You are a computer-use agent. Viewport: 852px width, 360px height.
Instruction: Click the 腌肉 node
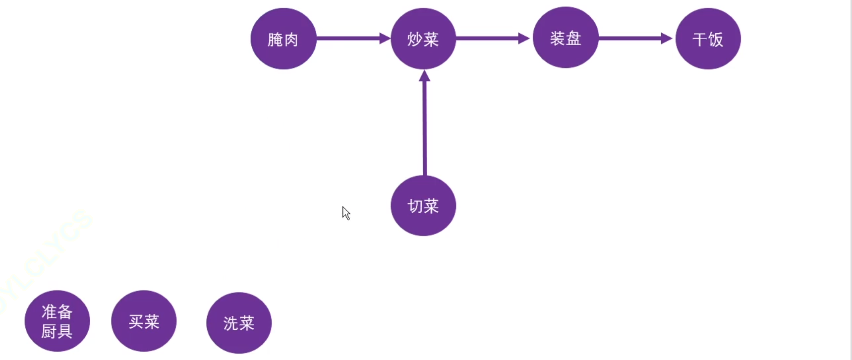[284, 39]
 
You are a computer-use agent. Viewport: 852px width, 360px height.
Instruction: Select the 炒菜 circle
[423, 39]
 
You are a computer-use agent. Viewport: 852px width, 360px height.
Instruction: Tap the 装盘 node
[566, 38]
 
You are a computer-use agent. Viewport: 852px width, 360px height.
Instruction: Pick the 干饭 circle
[708, 39]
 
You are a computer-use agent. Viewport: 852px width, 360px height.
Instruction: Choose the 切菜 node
[423, 205]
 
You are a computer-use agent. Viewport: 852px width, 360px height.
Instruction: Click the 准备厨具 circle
[57, 321]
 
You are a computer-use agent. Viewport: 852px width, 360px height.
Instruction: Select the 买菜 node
[144, 321]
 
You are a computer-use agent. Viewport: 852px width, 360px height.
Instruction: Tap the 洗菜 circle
[239, 323]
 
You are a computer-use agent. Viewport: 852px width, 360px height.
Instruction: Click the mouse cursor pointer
[345, 213]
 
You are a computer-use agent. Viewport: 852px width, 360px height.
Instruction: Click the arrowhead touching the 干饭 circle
[666, 38]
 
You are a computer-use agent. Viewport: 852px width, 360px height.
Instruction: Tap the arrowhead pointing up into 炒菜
[425, 76]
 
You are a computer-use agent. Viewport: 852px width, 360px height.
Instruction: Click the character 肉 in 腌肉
[291, 39]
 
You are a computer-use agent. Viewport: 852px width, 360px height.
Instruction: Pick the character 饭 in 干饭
[716, 39]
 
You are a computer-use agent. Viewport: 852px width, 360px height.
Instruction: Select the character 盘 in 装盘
[573, 38]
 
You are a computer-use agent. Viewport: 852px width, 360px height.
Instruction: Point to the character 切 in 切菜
[415, 206]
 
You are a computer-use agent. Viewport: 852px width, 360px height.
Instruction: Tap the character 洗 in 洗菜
[231, 323]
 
